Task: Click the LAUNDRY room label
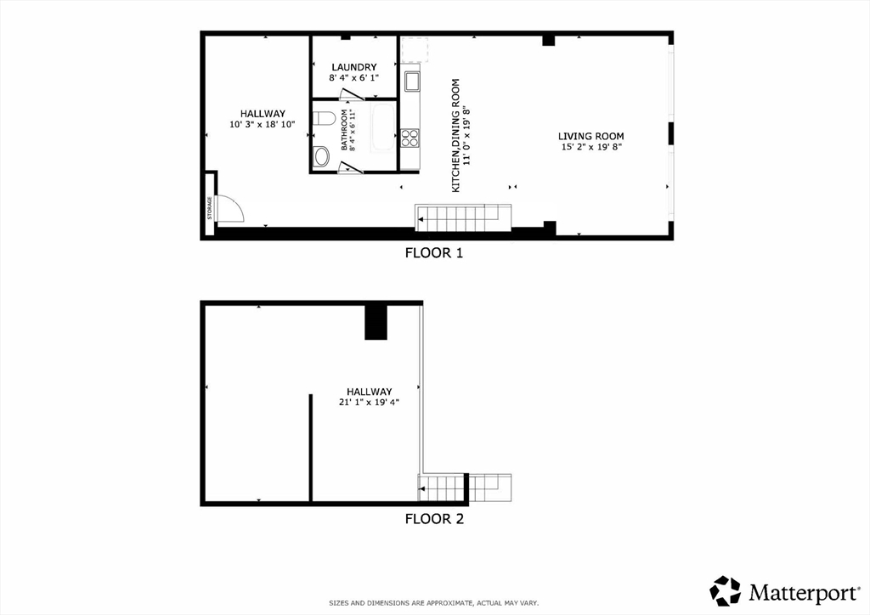(354, 67)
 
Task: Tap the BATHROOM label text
(344, 130)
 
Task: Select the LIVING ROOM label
(591, 136)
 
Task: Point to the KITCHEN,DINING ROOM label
(456, 136)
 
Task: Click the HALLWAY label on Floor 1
(263, 114)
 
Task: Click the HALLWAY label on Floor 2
(370, 392)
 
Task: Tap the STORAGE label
(210, 208)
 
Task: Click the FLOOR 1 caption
(434, 253)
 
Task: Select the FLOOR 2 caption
(434, 519)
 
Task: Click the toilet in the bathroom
(323, 118)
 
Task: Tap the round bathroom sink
(321, 156)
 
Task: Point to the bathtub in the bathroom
(383, 127)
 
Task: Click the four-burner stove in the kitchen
(410, 138)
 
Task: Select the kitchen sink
(412, 82)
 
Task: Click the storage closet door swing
(230, 209)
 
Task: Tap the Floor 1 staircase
(463, 217)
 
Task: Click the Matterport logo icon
(726, 590)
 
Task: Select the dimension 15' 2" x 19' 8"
(591, 147)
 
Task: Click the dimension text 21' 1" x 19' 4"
(370, 403)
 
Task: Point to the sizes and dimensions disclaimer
(434, 603)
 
